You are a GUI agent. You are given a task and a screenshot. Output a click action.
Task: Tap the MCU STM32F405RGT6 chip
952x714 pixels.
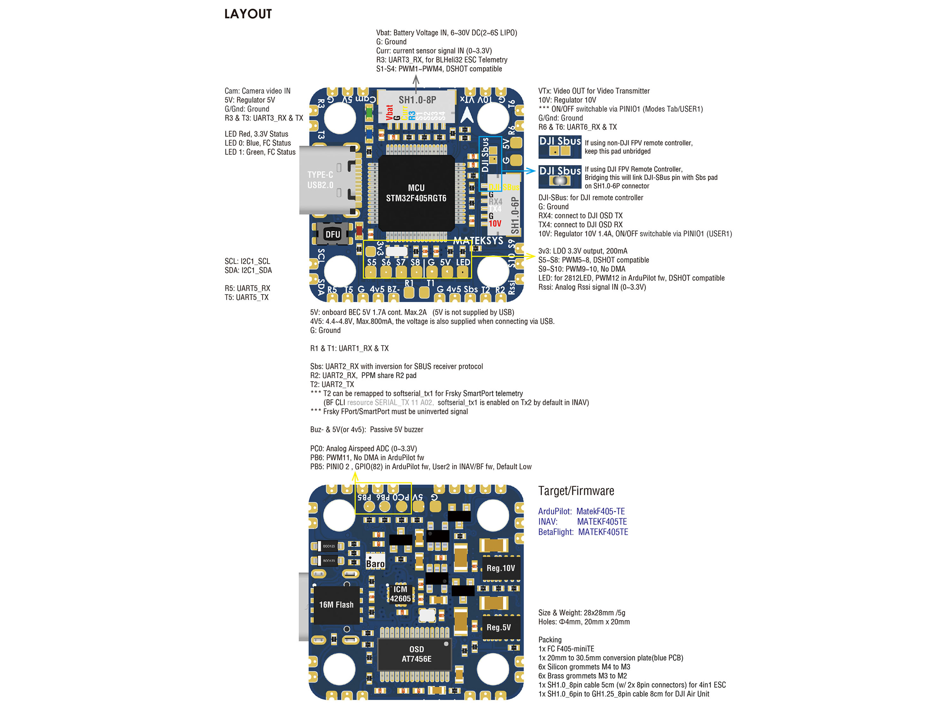coord(416,193)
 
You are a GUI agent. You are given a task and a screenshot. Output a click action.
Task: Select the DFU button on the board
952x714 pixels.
coord(332,234)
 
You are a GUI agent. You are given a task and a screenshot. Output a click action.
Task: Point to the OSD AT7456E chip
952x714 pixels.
coord(416,654)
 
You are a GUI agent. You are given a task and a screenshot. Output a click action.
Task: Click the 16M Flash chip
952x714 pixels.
coord(336,604)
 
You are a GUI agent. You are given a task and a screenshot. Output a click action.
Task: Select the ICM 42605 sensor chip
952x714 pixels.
coord(400,594)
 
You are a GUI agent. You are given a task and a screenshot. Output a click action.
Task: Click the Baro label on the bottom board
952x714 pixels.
coord(375,564)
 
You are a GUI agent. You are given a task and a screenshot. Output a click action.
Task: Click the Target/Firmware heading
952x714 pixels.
coord(576,491)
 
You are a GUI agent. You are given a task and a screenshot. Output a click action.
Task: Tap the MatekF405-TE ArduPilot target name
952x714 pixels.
coord(600,511)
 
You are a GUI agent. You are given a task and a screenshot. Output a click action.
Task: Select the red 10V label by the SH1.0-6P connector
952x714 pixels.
coord(495,224)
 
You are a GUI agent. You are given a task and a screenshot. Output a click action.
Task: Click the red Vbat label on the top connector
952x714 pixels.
coord(389,112)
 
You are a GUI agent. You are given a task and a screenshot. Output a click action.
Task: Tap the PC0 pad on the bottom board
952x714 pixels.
coord(401,506)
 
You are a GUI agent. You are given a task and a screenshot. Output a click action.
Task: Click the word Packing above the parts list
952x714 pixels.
coord(550,639)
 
